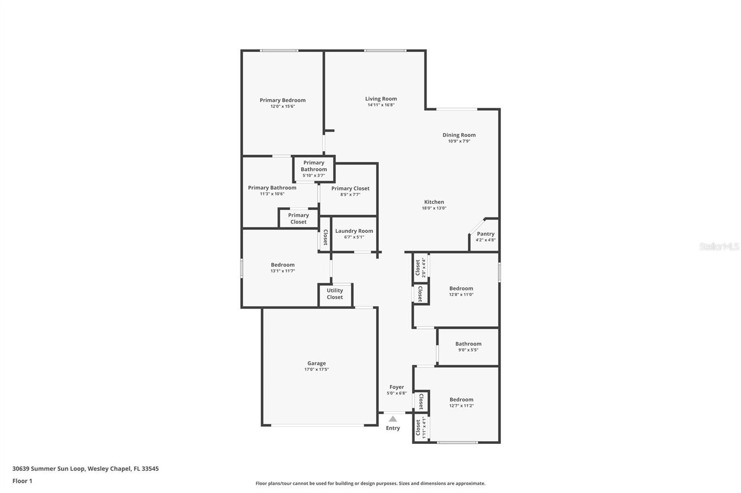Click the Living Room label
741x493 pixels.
(x=381, y=99)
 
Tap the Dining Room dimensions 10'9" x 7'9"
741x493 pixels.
(x=459, y=141)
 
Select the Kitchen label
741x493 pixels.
(x=434, y=202)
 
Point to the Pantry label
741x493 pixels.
(x=485, y=234)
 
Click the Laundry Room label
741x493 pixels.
(x=354, y=231)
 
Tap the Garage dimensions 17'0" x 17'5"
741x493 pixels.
(x=316, y=370)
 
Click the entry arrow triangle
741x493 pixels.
(x=393, y=419)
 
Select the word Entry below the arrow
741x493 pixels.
(x=393, y=428)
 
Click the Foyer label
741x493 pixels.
(x=396, y=387)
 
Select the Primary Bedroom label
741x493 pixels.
(x=283, y=100)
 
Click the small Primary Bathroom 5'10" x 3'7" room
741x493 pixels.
(x=314, y=169)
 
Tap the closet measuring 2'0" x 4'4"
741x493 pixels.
(x=421, y=267)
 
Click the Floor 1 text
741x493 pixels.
(x=23, y=481)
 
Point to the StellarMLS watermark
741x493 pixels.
(x=719, y=246)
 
